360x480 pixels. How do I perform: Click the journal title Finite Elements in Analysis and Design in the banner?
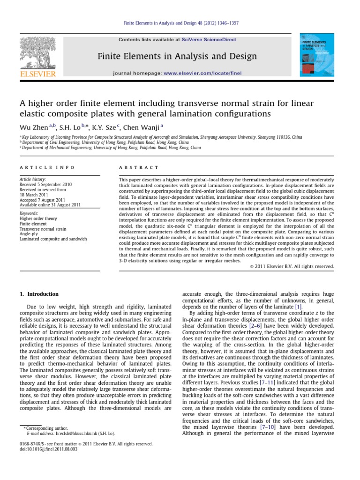pos(177,57)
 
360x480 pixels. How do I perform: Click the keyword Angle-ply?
pos(29,234)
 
